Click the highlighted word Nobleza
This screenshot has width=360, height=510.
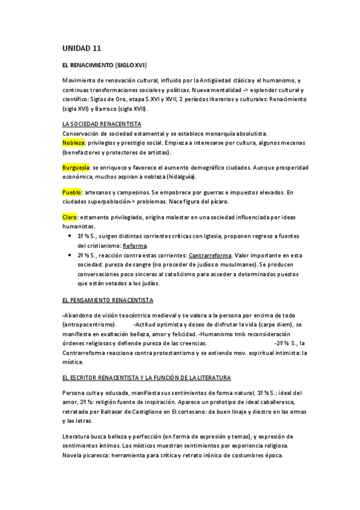tap(73, 143)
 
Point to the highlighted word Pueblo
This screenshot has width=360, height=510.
tap(72, 192)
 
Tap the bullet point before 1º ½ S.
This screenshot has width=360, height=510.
tap(72, 236)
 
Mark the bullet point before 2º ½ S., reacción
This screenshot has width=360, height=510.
tap(72, 255)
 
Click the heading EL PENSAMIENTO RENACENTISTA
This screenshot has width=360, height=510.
tap(108, 299)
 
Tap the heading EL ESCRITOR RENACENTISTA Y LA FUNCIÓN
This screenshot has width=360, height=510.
tap(146, 378)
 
